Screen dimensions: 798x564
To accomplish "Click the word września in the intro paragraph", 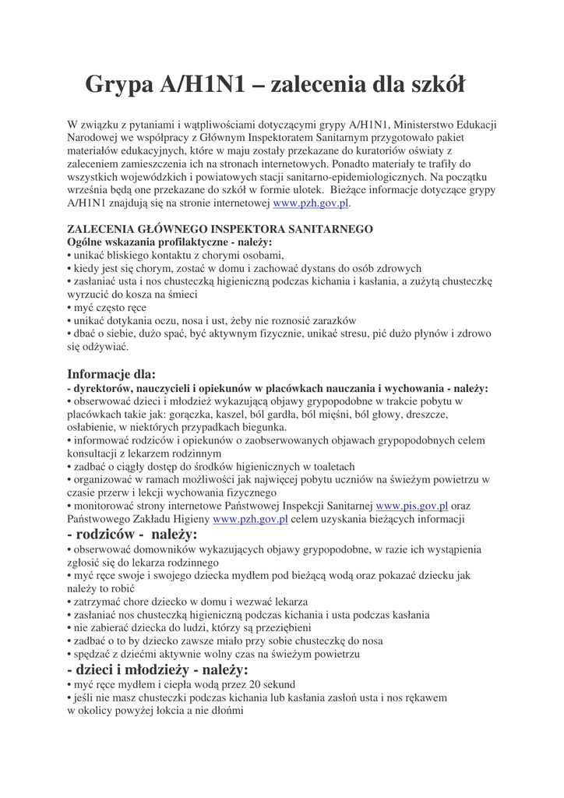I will point(89,189).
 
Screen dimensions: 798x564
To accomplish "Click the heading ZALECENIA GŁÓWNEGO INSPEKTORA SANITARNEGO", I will point(220,229).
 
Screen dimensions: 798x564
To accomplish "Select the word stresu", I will point(347,334).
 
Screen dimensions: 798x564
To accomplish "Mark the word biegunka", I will point(264,428).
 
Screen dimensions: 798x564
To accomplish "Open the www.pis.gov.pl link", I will point(411,505).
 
